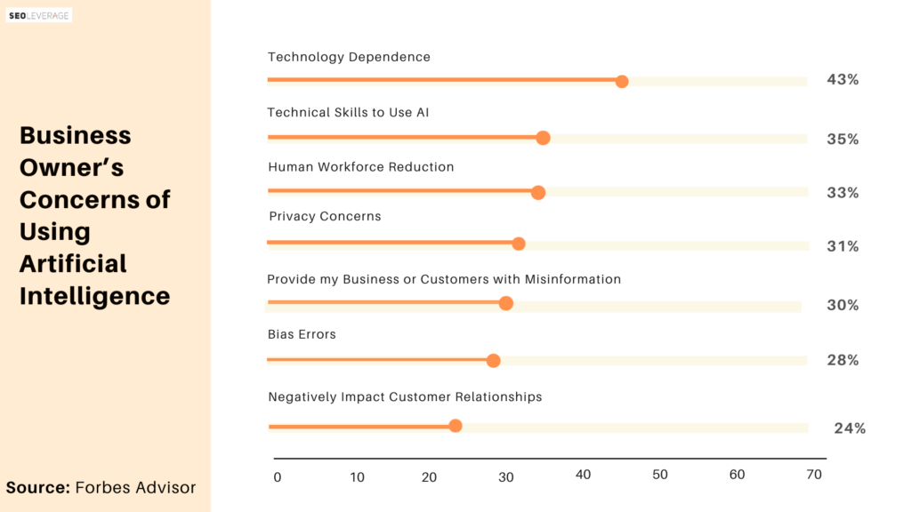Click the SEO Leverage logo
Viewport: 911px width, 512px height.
point(39,16)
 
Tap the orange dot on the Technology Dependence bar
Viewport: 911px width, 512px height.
point(622,81)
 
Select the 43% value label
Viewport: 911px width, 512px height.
point(842,79)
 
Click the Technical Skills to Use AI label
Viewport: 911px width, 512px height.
point(348,113)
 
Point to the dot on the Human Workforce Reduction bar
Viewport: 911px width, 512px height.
point(538,192)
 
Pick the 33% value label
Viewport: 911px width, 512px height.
point(842,193)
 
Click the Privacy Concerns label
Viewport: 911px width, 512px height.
point(325,216)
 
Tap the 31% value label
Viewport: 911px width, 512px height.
point(842,246)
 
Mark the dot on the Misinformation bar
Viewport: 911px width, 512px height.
point(506,303)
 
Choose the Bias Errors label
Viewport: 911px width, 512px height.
point(302,334)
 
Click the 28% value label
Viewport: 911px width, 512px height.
point(842,360)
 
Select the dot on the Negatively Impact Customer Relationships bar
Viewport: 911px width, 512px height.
point(455,426)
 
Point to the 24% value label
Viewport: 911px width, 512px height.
point(850,428)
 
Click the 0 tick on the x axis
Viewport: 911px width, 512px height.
point(278,477)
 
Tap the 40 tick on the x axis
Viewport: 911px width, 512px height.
point(583,475)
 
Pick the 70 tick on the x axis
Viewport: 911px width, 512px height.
point(814,475)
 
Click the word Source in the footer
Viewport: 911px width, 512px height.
point(38,487)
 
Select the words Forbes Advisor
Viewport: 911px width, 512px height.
point(135,487)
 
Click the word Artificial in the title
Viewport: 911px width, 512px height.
point(73,263)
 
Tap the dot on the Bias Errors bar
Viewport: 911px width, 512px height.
point(493,361)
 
